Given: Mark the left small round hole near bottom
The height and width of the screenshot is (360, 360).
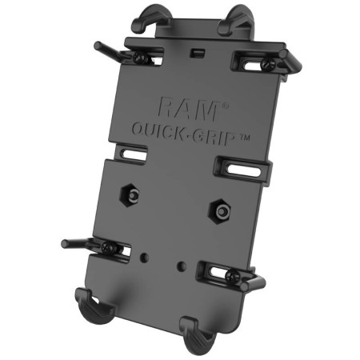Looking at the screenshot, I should click(x=144, y=258).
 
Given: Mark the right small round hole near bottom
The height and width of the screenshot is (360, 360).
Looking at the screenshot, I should click(x=183, y=264).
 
